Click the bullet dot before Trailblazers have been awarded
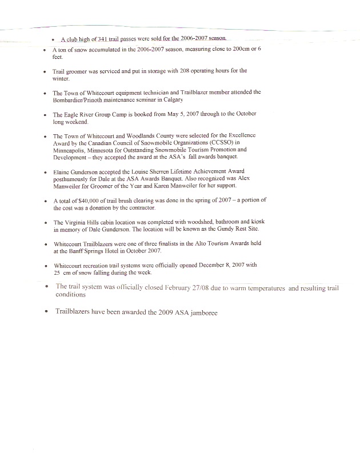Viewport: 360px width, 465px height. (x=45, y=313)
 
